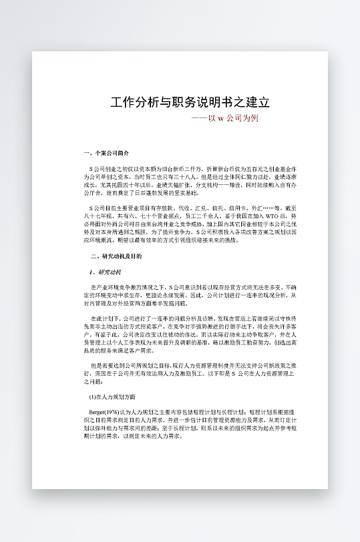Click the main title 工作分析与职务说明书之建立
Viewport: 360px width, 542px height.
(x=190, y=102)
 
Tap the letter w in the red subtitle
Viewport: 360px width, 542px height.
(x=220, y=118)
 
